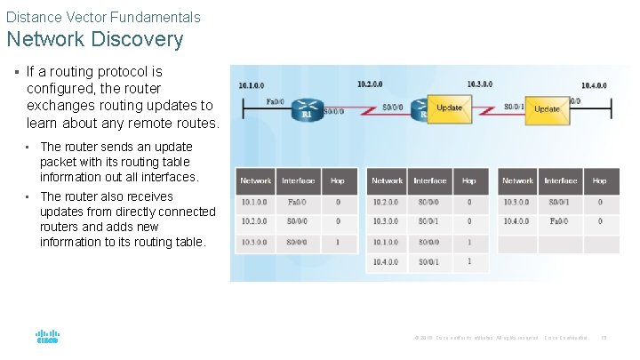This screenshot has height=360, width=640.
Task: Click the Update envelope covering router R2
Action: pos(448,108)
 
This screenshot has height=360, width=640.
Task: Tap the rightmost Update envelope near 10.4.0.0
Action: pos(547,108)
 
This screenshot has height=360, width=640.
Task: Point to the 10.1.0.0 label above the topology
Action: pos(251,85)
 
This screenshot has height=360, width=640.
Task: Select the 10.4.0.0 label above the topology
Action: pos(594,85)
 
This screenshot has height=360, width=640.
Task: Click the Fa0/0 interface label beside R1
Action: pos(276,101)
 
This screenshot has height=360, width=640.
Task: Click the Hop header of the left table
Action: pos(337,180)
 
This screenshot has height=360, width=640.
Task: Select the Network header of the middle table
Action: pos(387,180)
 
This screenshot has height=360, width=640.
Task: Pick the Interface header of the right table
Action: pos(560,180)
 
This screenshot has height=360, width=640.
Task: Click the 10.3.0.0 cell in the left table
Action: pos(255,241)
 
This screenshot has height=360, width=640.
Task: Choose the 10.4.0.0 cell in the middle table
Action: pos(387,261)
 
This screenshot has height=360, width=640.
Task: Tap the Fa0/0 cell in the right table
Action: pos(560,221)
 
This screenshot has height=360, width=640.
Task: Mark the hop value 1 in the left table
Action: pos(337,241)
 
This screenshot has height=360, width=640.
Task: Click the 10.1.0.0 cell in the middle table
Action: pos(387,241)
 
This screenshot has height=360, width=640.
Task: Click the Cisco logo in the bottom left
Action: pos(47,338)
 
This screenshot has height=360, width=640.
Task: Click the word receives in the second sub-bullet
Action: pos(150,196)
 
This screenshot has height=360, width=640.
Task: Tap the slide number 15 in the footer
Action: pos(604,338)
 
